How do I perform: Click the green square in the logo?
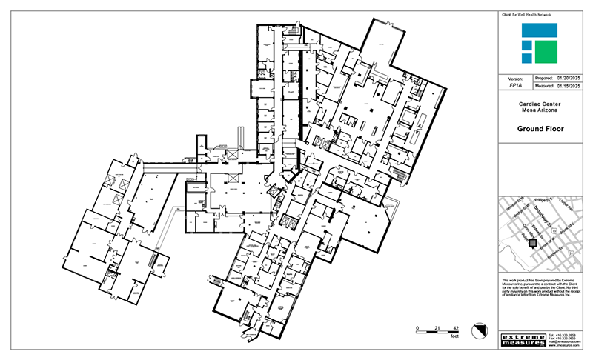[x=546, y=51]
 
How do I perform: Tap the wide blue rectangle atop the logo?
[x=539, y=30]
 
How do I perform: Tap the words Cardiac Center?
[x=540, y=104]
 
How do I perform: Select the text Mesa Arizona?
[x=540, y=111]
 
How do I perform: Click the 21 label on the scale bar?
[x=437, y=327]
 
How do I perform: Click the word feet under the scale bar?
[x=455, y=336]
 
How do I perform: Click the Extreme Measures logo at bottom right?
[x=523, y=340]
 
